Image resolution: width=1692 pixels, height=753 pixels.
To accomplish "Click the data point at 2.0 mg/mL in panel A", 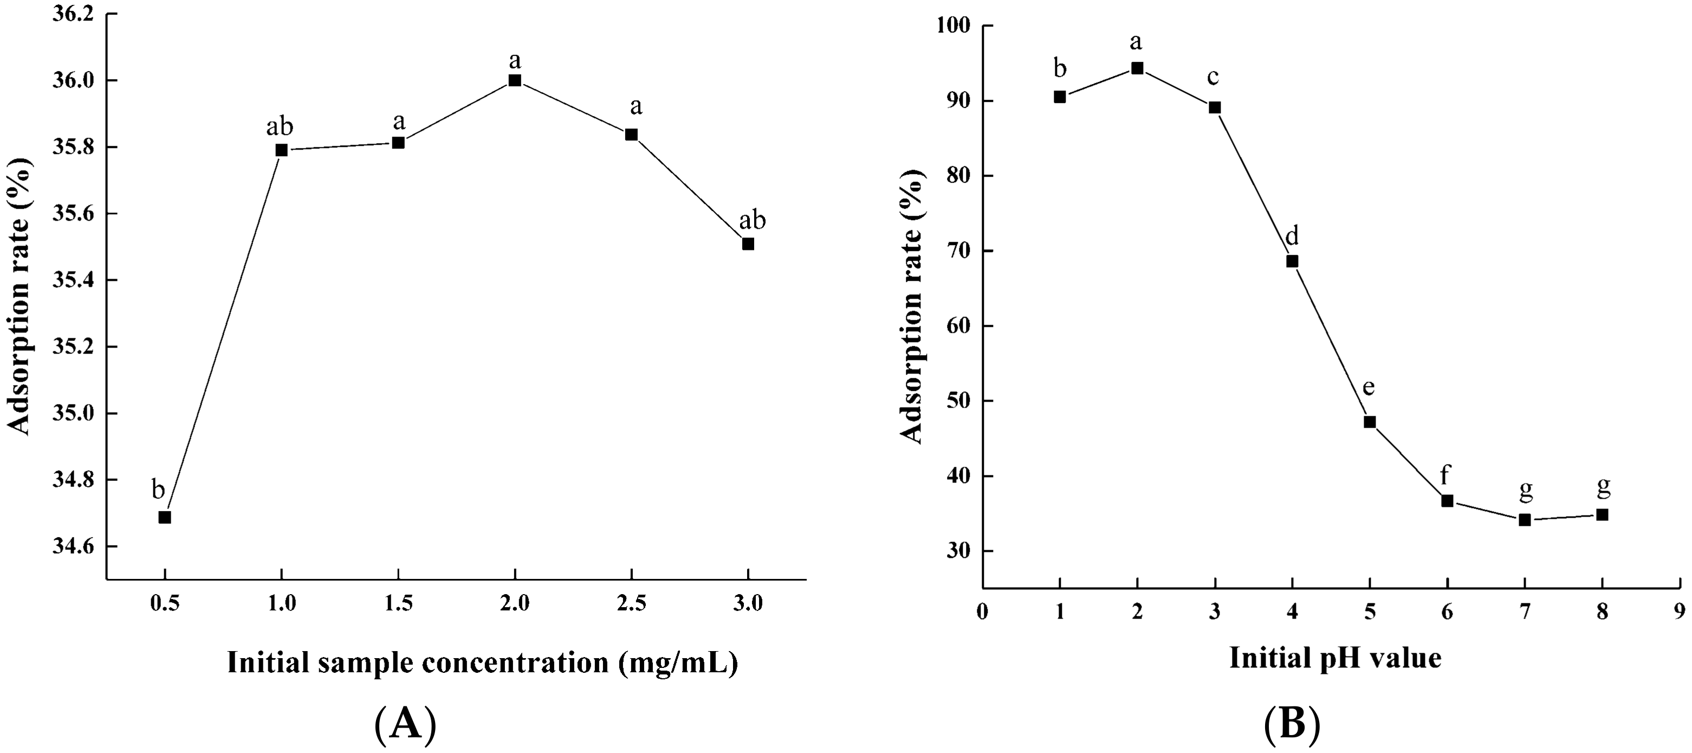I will pyautogui.click(x=514, y=80).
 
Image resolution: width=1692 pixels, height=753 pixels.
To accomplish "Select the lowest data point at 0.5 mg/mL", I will pyautogui.click(x=165, y=517).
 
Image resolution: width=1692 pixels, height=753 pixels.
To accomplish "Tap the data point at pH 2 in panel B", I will pyautogui.click(x=1137, y=68).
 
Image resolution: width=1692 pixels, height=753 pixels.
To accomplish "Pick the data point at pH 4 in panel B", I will pyautogui.click(x=1292, y=261).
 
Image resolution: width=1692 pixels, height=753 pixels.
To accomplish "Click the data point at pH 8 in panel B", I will pyautogui.click(x=1602, y=514).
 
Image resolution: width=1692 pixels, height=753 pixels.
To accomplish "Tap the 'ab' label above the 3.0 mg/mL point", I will pyautogui.click(x=752, y=221).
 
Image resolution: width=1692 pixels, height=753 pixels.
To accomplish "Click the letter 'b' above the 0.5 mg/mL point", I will pyautogui.click(x=158, y=490).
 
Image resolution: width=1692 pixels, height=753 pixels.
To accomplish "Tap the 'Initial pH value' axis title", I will pyautogui.click(x=1336, y=657).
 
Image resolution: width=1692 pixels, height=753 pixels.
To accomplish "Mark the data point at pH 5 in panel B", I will pyautogui.click(x=1370, y=422).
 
